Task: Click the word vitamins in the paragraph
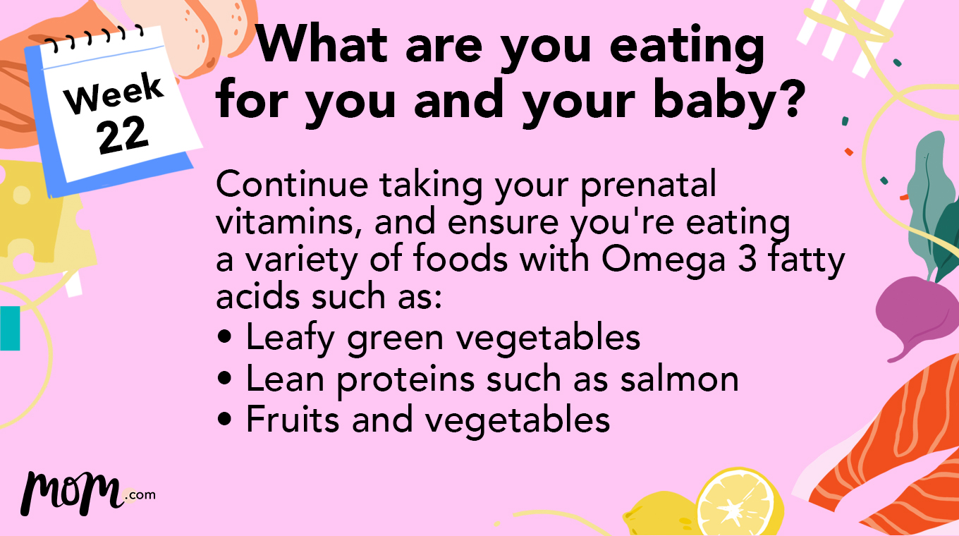coord(288,223)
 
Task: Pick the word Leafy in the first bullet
coord(291,338)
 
